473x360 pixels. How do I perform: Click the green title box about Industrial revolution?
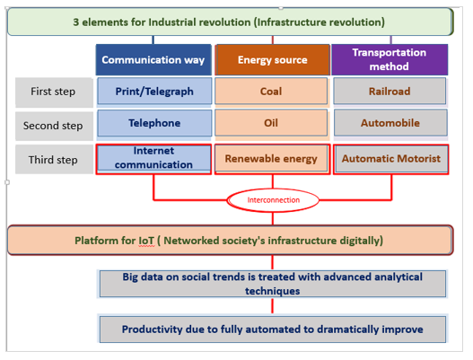click(230, 22)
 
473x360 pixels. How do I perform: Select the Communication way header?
click(153, 60)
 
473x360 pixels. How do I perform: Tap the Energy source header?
click(272, 60)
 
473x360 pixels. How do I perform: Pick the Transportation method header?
click(390, 59)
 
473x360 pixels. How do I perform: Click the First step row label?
click(54, 92)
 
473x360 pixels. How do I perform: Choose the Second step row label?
click(54, 126)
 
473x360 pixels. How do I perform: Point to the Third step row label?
click(54, 159)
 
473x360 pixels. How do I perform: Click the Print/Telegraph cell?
click(154, 92)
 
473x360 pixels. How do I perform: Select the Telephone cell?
click(154, 123)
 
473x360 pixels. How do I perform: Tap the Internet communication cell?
click(153, 159)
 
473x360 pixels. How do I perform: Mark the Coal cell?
click(271, 92)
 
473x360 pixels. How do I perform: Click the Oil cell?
click(271, 123)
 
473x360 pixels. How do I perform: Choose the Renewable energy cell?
click(272, 159)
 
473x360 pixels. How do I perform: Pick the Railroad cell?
click(390, 92)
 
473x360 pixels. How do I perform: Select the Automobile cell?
click(390, 123)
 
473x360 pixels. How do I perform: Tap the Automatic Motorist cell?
click(391, 159)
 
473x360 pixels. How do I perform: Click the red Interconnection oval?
click(273, 200)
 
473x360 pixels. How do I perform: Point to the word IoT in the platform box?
click(146, 241)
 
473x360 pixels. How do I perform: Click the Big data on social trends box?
click(273, 284)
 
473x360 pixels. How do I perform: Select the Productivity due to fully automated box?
click(273, 329)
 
